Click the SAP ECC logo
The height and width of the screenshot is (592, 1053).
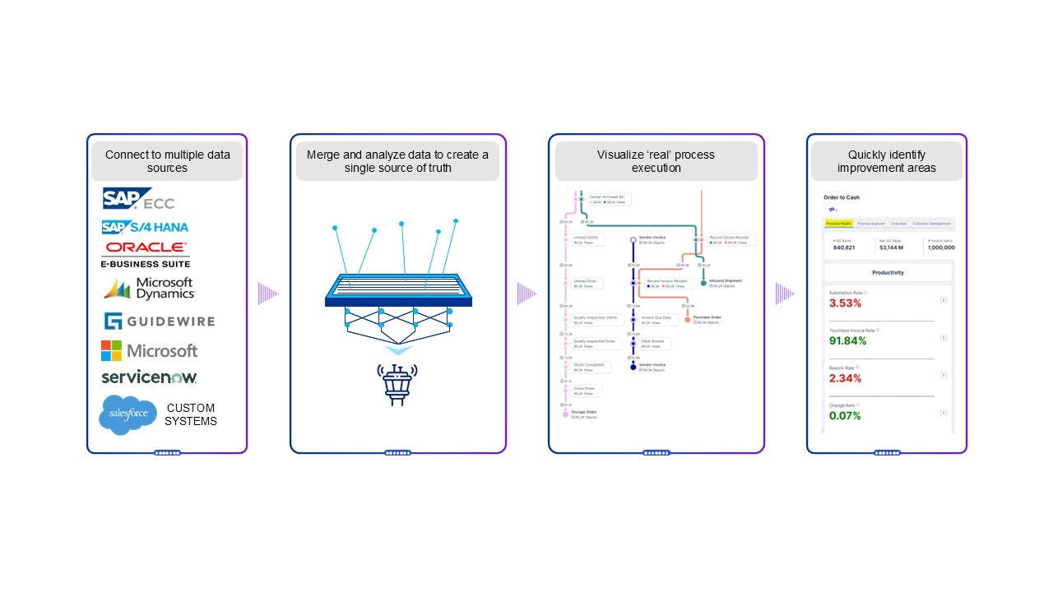[x=138, y=199]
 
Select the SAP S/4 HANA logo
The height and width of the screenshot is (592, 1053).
[x=145, y=227]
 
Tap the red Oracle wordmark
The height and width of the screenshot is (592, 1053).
[x=146, y=247]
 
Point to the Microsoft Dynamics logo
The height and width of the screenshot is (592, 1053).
[x=149, y=289]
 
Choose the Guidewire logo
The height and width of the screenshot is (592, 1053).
[x=159, y=321]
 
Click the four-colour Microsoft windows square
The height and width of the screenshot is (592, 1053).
[x=111, y=351]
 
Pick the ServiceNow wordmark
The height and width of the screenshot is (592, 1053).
[x=149, y=377]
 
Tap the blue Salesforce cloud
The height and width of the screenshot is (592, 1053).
[x=128, y=414]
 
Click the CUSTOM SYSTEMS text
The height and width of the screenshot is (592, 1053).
[x=191, y=414]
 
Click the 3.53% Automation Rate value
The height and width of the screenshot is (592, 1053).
[x=845, y=303]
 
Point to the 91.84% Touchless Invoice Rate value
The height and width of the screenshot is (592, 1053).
[x=847, y=341]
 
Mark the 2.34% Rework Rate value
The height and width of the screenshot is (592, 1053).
[x=845, y=378]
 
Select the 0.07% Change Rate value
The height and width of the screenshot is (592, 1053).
[x=845, y=416]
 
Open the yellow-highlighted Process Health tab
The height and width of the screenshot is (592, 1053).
[x=838, y=223]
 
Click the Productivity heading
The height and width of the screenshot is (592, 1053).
[x=888, y=272]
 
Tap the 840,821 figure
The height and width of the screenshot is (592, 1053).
[x=844, y=247]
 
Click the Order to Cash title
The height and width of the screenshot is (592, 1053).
[x=841, y=197]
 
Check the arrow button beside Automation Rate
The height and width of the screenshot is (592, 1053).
[x=944, y=300]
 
